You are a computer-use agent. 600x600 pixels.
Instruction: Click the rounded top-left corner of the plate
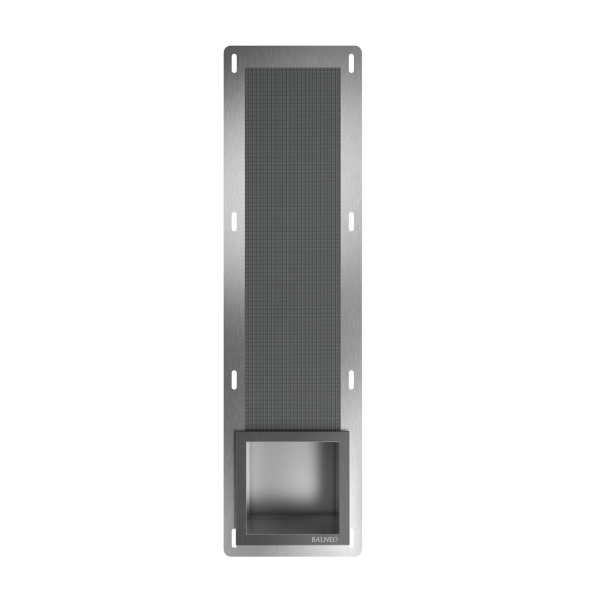pyautogui.click(x=227, y=47)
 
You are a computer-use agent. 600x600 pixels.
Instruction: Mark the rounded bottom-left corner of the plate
pyautogui.click(x=227, y=552)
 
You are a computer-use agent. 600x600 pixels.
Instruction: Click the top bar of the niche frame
pyautogui.click(x=291, y=437)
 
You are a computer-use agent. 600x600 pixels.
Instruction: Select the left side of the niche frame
pyautogui.click(x=238, y=480)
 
